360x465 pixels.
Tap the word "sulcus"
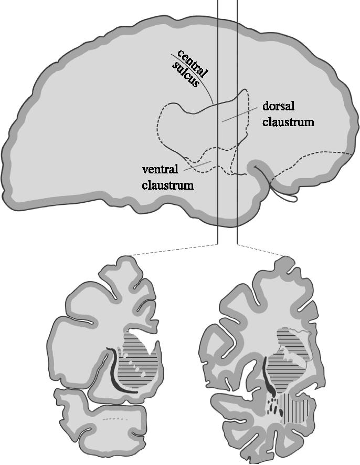tap(185, 74)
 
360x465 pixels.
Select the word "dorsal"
tap(279, 106)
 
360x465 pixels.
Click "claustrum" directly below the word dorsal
tap(288, 122)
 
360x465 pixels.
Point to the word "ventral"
tap(160, 169)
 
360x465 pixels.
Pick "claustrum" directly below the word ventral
tap(168, 185)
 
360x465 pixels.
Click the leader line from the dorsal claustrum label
tap(239, 115)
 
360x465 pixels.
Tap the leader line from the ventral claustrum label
tap(198, 166)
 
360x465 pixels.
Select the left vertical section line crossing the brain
tap(218, 122)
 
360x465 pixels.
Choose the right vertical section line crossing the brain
tap(237, 122)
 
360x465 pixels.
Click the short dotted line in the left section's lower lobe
tap(115, 419)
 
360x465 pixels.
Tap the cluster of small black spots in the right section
tap(273, 407)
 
